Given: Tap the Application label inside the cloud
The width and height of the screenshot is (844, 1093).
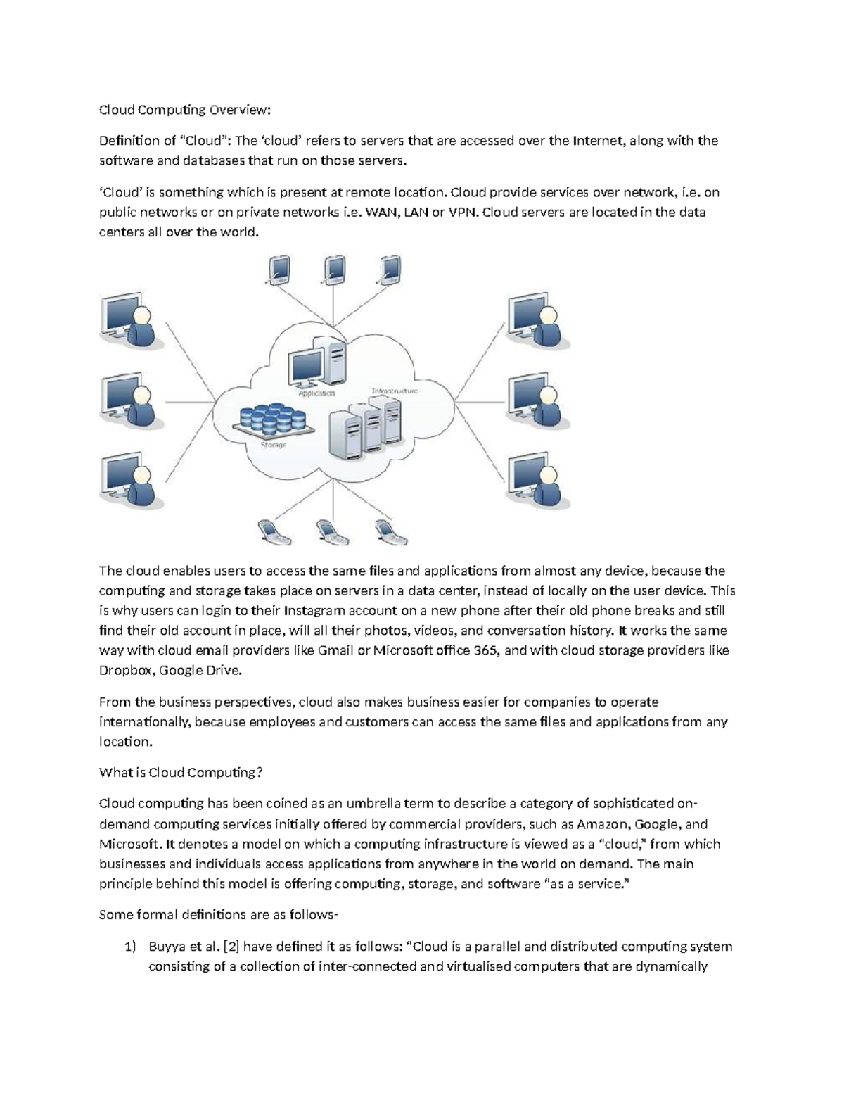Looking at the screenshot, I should [316, 393].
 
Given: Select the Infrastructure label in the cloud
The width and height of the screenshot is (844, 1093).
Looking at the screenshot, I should [395, 391].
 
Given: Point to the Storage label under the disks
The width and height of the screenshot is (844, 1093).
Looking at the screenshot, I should [273, 444].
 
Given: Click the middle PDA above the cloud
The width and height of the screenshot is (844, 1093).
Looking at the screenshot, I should [334, 270].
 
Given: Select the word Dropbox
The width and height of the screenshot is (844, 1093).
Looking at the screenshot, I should [124, 670].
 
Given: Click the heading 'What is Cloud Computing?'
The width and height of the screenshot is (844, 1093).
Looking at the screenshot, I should [181, 772].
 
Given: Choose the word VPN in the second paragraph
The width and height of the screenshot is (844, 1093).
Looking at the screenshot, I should [462, 212].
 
